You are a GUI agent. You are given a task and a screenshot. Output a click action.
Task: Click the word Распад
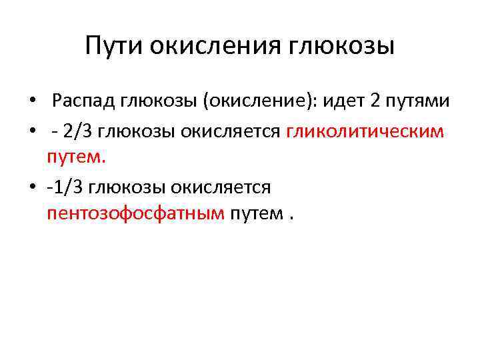point(86,102)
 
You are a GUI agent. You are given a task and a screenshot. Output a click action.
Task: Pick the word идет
point(345,102)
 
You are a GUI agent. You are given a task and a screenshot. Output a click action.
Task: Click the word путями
point(417,102)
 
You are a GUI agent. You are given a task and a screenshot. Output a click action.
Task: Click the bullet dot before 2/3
point(32,132)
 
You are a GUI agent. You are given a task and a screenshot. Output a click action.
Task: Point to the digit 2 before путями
point(375,102)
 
